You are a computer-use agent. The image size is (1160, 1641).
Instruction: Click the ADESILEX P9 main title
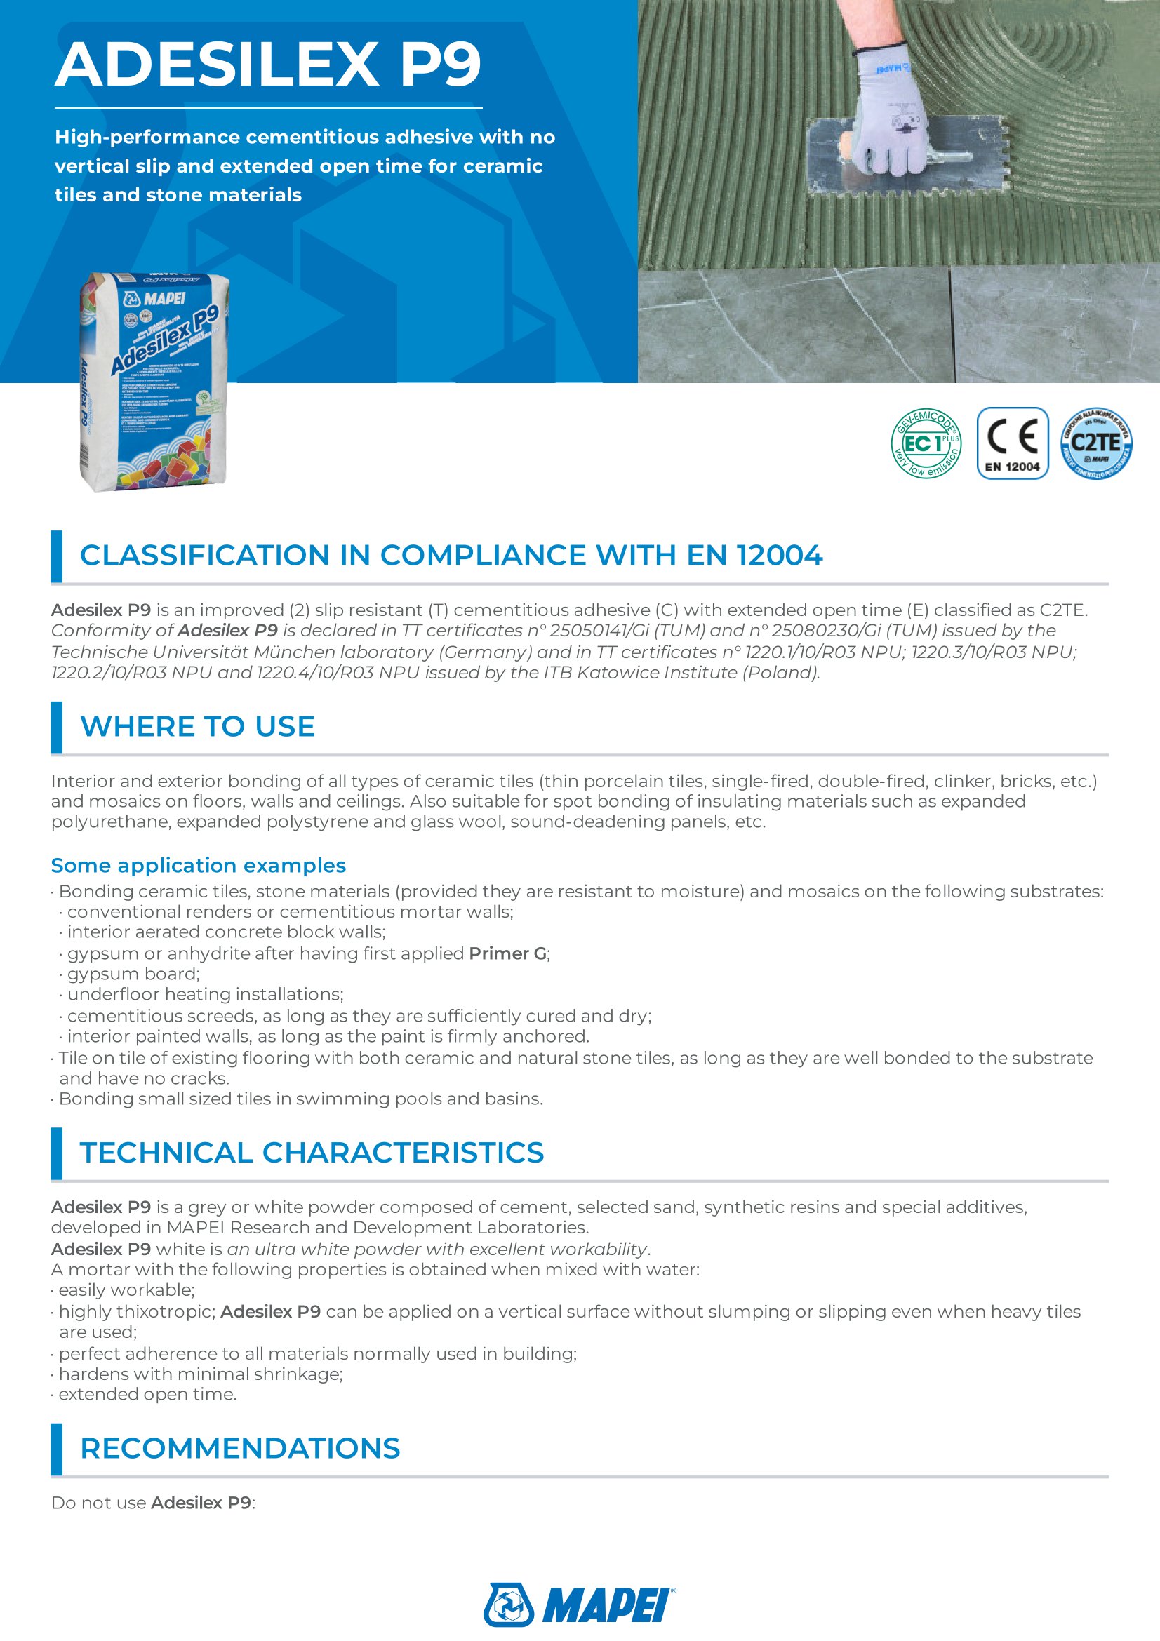[x=268, y=65]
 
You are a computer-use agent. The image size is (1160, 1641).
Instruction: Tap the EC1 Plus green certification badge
[x=926, y=444]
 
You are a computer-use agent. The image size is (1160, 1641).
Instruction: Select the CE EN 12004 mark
[x=1012, y=444]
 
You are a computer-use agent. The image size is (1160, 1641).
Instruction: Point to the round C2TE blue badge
[x=1096, y=444]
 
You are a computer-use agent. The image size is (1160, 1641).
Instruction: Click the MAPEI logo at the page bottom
[x=580, y=1605]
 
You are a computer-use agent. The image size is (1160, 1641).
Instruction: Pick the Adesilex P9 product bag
[x=154, y=382]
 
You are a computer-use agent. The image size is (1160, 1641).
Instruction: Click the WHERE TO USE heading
[x=197, y=726]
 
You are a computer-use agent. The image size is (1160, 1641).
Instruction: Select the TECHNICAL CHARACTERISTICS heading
[x=312, y=1152]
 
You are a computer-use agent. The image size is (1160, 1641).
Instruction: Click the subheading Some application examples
[x=198, y=865]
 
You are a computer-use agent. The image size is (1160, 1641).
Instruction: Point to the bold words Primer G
[x=507, y=953]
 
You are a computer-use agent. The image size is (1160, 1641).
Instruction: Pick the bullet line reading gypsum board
[x=133, y=974]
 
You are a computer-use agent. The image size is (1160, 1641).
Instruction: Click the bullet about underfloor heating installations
[x=205, y=994]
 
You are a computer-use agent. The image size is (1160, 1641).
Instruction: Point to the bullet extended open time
[x=147, y=1394]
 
